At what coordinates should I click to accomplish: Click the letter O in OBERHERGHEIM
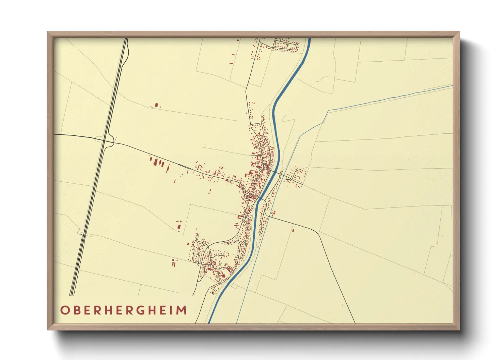click(64, 310)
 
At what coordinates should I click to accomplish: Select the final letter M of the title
click(182, 310)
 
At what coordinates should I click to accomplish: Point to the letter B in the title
click(76, 310)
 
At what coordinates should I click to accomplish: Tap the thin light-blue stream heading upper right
click(375, 101)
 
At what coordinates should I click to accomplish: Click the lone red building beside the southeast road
click(293, 230)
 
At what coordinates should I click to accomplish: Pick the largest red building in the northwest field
click(156, 105)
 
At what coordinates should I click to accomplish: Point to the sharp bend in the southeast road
click(319, 233)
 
